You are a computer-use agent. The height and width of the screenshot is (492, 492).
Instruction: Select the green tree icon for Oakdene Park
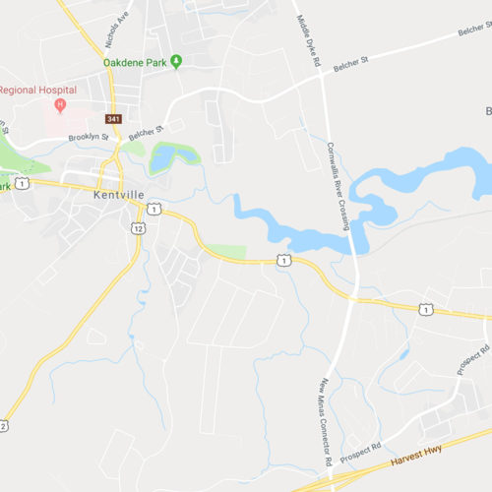pyautogui.click(x=176, y=62)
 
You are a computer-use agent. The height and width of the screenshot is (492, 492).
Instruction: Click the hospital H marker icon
pyautogui.click(x=61, y=104)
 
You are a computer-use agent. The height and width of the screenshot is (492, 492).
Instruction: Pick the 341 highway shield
pyautogui.click(x=115, y=119)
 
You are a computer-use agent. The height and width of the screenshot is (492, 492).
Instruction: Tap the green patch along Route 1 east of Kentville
pyautogui.click(x=226, y=252)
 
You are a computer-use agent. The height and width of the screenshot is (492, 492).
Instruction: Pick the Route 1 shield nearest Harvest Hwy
pyautogui.click(x=425, y=309)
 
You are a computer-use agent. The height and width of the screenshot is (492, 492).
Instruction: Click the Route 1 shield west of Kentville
pyautogui.click(x=22, y=183)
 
